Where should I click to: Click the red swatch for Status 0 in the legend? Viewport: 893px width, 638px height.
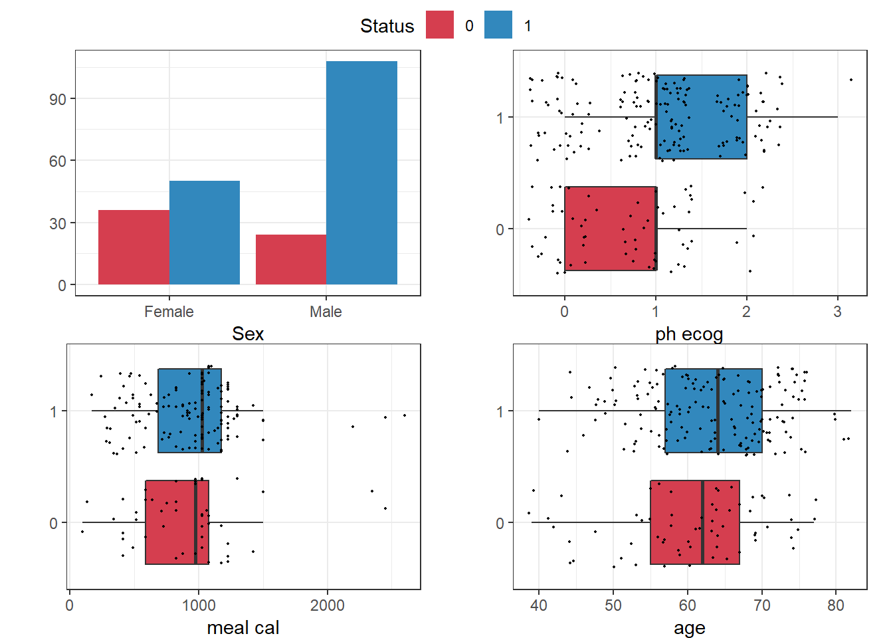click(439, 25)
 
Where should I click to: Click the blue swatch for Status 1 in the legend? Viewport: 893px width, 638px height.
click(498, 25)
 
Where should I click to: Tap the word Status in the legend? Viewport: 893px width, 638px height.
click(387, 26)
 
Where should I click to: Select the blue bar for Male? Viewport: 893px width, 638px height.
click(361, 173)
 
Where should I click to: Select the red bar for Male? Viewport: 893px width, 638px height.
click(291, 259)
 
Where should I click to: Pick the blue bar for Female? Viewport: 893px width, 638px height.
click(205, 233)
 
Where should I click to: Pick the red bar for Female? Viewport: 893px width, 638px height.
click(134, 247)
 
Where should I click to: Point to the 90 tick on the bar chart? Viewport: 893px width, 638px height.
click(58, 99)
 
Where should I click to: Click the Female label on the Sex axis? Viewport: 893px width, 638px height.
click(169, 312)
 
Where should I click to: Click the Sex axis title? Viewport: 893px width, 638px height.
click(248, 334)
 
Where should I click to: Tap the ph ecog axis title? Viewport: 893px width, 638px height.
click(689, 334)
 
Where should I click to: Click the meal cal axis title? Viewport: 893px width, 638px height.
click(243, 627)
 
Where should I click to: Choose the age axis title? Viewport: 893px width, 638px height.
click(689, 627)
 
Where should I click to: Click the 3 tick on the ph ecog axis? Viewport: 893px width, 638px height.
click(837, 312)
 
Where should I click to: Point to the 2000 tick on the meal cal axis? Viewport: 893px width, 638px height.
click(328, 605)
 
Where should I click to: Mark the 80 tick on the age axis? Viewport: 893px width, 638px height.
click(836, 605)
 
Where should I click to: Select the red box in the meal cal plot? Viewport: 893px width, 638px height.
click(170, 522)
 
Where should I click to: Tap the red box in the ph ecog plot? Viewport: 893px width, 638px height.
click(610, 229)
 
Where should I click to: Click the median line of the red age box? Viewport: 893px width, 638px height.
click(702, 522)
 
